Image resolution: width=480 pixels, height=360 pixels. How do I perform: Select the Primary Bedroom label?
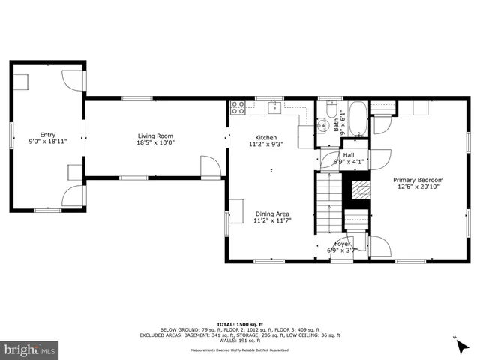click(418, 180)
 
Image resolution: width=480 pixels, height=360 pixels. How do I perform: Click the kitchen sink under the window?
click(274, 107)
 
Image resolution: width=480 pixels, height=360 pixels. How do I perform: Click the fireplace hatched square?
click(357, 189)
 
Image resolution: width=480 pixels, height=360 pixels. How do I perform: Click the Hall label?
click(349, 154)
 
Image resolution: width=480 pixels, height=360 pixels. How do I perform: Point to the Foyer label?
click(343, 243)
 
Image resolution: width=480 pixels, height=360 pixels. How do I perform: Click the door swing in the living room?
click(211, 167)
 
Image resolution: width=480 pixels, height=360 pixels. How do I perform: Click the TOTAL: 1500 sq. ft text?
click(239, 322)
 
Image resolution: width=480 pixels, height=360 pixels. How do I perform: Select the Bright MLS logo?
click(31, 349)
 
